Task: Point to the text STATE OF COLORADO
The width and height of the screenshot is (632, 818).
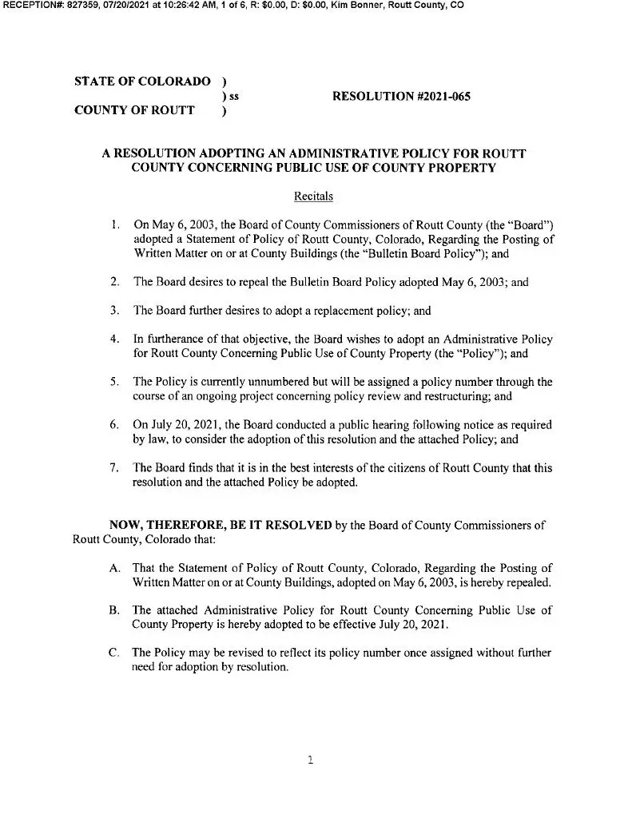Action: click(142, 82)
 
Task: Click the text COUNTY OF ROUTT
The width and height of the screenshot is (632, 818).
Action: click(133, 111)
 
